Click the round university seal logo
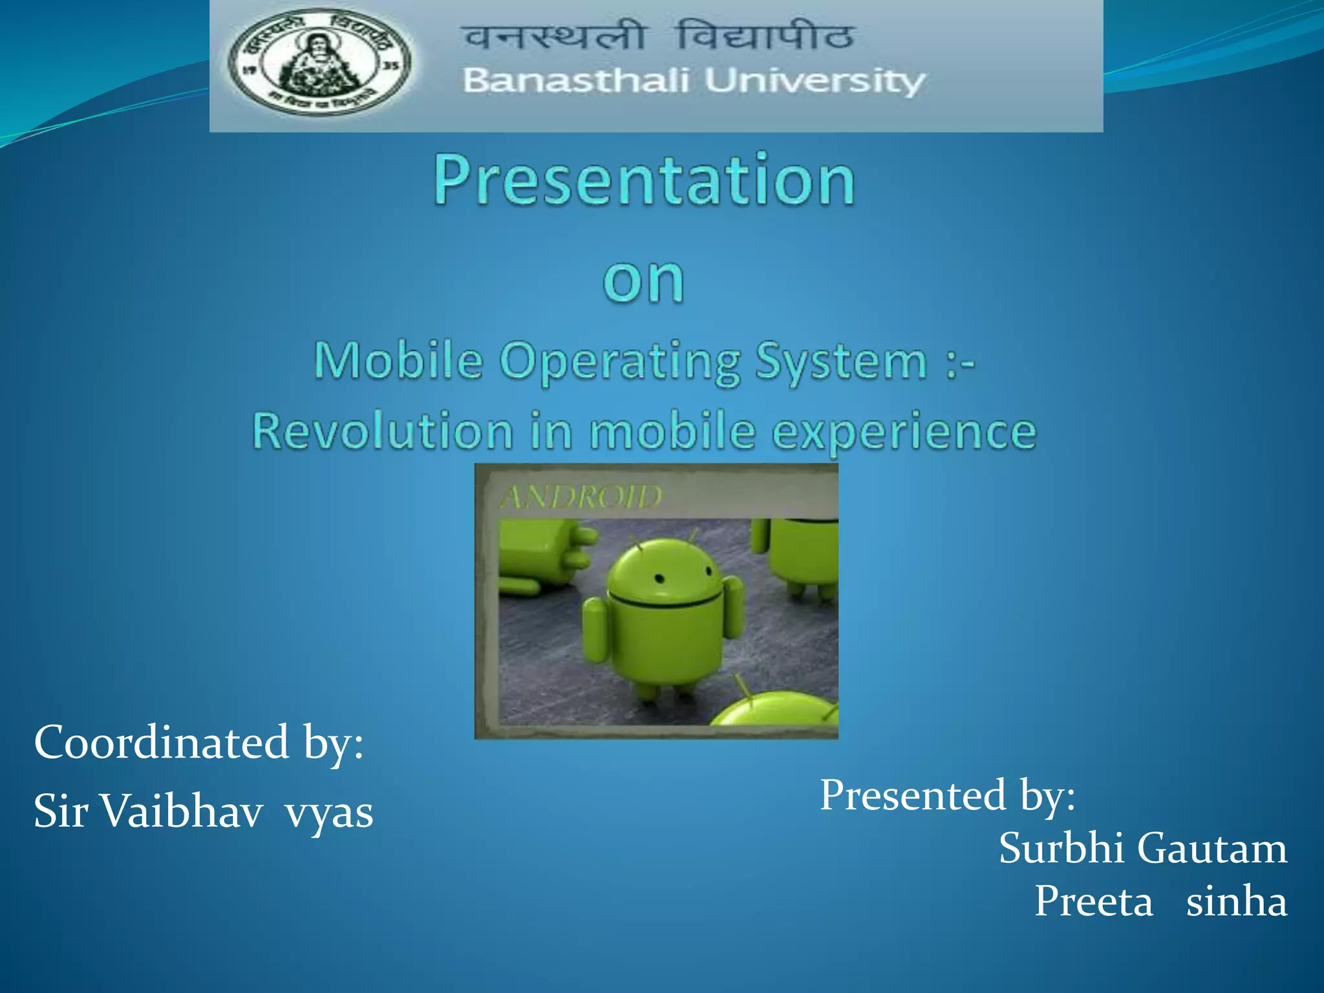tap(320, 63)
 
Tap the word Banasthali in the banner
tap(575, 81)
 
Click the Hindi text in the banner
tap(659, 36)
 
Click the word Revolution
tap(382, 431)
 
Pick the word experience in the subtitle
tap(904, 432)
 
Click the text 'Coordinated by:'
tap(198, 742)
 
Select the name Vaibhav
tap(183, 811)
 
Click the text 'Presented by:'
tap(947, 795)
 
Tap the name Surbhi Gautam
tap(1142, 848)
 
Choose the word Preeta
tap(1093, 901)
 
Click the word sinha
tap(1235, 901)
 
